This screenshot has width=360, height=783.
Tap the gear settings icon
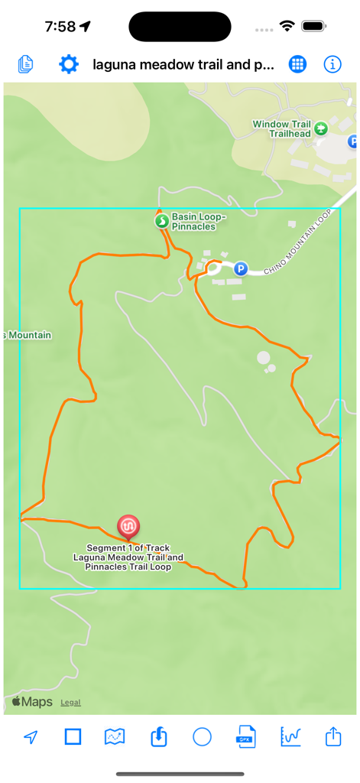[x=69, y=64]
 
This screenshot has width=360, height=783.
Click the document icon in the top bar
[x=26, y=64]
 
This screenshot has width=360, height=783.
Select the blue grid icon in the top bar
[x=297, y=64]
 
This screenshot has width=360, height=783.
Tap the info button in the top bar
[x=332, y=64]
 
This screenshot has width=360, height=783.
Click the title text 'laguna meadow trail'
[x=183, y=65]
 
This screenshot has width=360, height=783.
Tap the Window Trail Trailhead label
[x=281, y=128]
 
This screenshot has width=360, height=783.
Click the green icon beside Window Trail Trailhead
[x=321, y=128]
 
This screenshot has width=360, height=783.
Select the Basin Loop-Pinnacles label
[x=193, y=222]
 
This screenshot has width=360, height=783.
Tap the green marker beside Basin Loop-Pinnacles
[x=161, y=222]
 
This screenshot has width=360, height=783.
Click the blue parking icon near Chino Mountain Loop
[x=241, y=268]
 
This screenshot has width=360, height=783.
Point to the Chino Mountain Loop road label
[x=300, y=242]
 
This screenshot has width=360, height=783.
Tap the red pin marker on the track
[x=128, y=527]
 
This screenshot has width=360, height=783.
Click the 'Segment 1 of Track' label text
[x=128, y=548]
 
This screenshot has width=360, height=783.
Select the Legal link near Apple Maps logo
[x=71, y=703]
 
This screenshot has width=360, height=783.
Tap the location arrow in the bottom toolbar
[x=31, y=737]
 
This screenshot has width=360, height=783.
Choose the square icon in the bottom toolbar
[x=73, y=736]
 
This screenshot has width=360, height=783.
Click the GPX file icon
[x=245, y=737]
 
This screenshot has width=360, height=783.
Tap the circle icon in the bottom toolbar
[x=202, y=736]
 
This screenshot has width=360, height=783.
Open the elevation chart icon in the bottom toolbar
[x=290, y=736]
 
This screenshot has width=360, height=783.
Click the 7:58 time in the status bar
[x=60, y=27]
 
